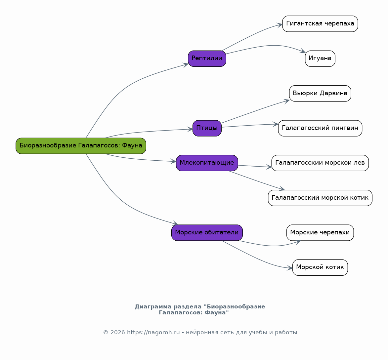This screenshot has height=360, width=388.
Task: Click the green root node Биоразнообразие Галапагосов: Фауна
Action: (x=81, y=146)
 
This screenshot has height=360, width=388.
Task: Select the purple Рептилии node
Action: (x=207, y=59)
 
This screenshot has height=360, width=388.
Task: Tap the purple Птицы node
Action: (x=207, y=128)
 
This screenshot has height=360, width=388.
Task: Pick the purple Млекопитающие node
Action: (x=207, y=163)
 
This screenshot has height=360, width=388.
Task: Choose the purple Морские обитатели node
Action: (x=207, y=233)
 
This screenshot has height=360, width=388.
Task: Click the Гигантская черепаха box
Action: (x=320, y=24)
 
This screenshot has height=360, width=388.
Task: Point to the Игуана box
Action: (x=320, y=59)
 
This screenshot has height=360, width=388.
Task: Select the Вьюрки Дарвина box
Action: (x=320, y=94)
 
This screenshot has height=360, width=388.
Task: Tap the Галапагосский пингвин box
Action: (x=320, y=128)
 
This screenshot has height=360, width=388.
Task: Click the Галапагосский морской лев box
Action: (x=320, y=163)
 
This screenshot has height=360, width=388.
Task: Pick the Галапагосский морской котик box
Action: (x=320, y=198)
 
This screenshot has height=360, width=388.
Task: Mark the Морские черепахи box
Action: (x=320, y=233)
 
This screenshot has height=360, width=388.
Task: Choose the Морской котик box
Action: (x=320, y=267)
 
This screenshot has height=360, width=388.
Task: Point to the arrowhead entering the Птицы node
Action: (x=190, y=129)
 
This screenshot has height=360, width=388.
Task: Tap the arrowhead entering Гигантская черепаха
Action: (x=280, y=24)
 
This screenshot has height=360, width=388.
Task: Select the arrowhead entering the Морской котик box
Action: (x=289, y=268)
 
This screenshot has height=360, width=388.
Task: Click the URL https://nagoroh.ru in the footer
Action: (x=153, y=332)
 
